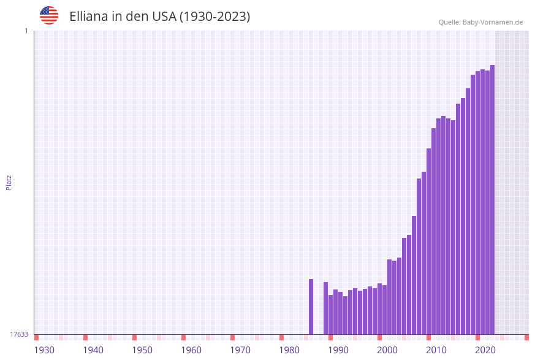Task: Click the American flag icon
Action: [49, 15]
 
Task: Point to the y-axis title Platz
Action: [9, 182]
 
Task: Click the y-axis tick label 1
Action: [26, 31]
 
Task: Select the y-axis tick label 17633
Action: [19, 334]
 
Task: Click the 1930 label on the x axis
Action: [44, 350]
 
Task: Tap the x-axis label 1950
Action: [142, 350]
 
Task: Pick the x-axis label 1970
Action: [240, 350]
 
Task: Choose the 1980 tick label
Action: [289, 350]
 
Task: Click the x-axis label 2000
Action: [387, 350]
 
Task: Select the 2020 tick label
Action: [485, 350]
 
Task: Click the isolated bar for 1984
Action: [311, 307]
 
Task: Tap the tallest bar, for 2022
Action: [492, 199]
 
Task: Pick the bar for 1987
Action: [325, 308]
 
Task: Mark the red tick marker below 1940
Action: [85, 337]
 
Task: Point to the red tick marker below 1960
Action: [183, 337]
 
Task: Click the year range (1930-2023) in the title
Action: [214, 17]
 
